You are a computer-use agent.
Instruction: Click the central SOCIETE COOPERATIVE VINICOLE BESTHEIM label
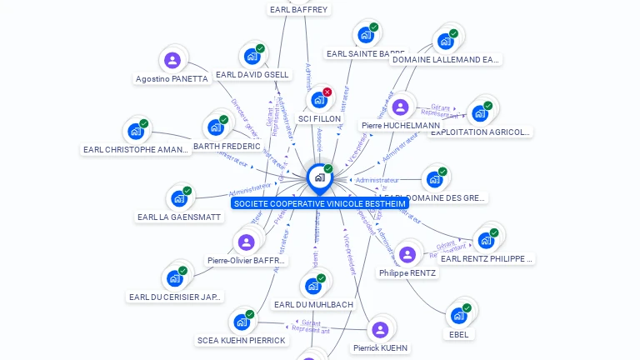tap(320, 203)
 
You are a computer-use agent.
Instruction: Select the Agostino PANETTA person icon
tap(172, 60)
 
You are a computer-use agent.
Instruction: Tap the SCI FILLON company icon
tap(318, 100)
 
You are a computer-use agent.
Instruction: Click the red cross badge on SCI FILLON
tap(327, 92)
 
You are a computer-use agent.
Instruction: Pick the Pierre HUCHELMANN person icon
tap(400, 107)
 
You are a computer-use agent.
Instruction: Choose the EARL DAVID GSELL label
tap(252, 74)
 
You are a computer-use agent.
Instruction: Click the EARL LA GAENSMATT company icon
tap(178, 198)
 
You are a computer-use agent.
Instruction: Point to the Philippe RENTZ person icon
tap(407, 254)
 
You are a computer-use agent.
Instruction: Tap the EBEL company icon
tap(458, 316)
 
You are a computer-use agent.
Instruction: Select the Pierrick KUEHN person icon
tap(380, 329)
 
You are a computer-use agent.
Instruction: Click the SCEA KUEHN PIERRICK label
tap(242, 340)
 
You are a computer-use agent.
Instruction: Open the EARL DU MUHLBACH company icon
tap(313, 286)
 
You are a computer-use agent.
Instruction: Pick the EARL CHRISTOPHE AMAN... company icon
tap(136, 132)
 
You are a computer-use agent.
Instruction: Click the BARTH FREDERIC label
tap(227, 146)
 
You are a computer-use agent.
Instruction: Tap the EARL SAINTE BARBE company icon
tap(365, 35)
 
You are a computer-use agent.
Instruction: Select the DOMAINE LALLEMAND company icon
tap(445, 41)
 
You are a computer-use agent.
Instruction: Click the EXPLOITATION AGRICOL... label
tap(481, 132)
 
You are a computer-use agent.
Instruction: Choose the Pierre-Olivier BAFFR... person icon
tap(246, 242)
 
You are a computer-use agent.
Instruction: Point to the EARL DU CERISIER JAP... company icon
tap(176, 278)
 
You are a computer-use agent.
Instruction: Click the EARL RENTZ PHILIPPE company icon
tap(486, 240)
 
